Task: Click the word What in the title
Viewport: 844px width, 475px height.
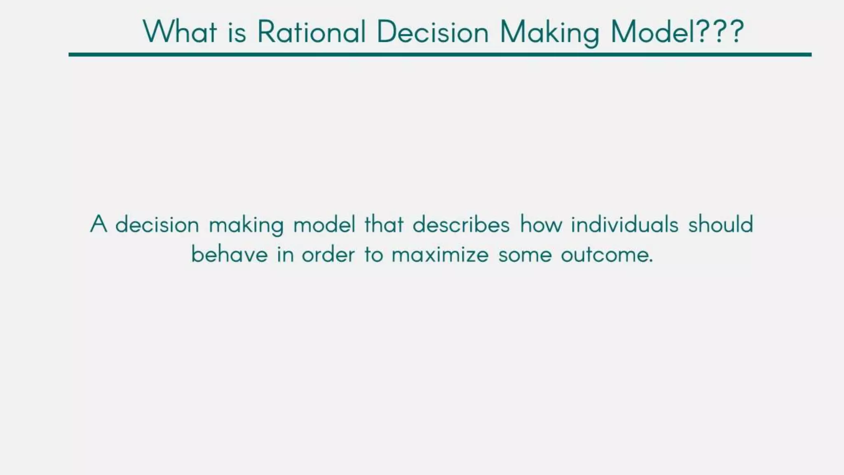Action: click(180, 32)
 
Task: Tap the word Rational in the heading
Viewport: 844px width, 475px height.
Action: click(312, 32)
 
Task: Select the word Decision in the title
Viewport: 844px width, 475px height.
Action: click(433, 32)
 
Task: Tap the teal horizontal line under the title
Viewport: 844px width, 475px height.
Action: click(440, 54)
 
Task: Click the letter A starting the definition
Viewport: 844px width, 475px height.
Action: click(98, 224)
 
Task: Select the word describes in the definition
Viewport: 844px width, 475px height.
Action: click(461, 225)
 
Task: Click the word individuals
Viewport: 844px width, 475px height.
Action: click(624, 225)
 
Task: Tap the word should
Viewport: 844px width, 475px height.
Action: click(720, 225)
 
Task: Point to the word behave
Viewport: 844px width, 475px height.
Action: click(230, 254)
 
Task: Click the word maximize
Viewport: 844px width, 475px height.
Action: click(440, 254)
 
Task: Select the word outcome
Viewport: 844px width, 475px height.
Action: click(607, 254)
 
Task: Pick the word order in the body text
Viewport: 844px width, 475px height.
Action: click(328, 254)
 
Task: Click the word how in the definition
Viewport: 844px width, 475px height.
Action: click(541, 225)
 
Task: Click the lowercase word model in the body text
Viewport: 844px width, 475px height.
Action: click(324, 225)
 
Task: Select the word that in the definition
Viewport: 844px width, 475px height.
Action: click(384, 225)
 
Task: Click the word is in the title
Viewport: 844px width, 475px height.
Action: click(237, 32)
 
